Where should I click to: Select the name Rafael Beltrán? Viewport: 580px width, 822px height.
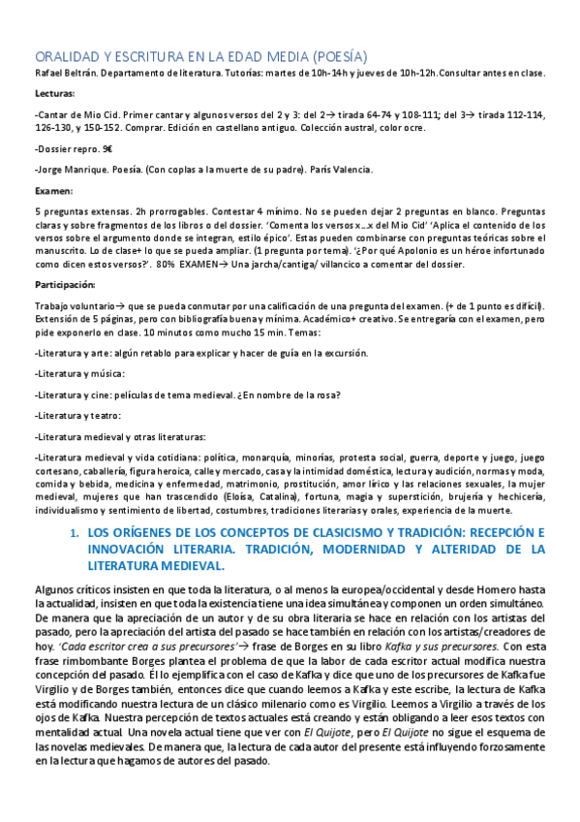coord(65,74)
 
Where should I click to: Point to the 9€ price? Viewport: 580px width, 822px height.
coord(107,150)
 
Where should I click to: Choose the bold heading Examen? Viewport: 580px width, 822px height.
coord(51,190)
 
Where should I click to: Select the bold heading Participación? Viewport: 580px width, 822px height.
coord(64,285)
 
